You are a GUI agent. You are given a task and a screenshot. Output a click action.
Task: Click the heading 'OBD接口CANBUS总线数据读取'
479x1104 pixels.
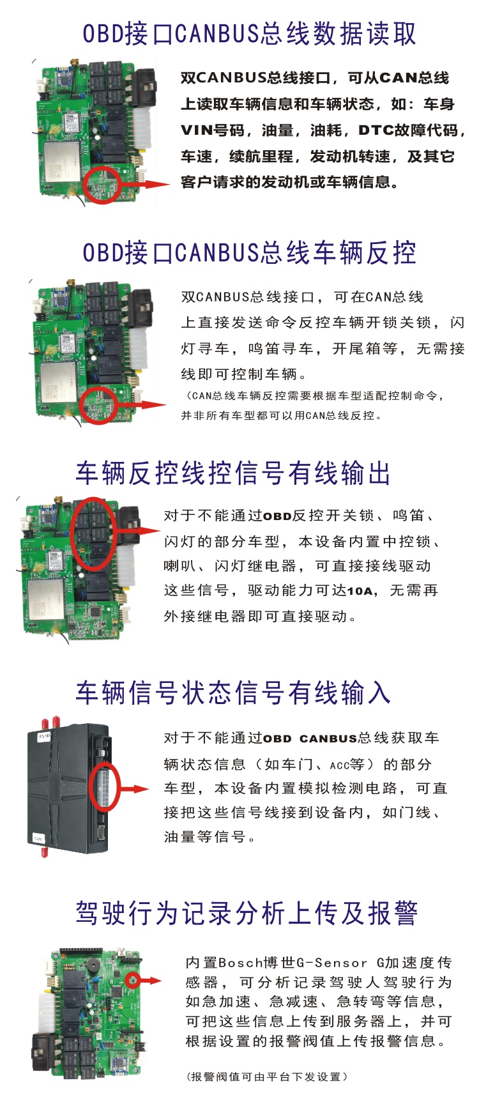pos(250,34)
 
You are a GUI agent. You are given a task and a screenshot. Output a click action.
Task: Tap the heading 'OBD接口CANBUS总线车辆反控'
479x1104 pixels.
pos(250,253)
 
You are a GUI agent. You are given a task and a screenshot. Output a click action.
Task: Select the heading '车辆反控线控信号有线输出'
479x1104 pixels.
pos(233,473)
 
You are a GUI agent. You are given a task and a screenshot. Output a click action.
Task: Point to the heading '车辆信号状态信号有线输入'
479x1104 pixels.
pos(233,693)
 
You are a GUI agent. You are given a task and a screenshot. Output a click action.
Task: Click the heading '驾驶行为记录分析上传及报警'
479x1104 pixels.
pos(247,913)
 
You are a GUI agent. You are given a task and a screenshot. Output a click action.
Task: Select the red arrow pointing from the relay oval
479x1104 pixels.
pos(138,530)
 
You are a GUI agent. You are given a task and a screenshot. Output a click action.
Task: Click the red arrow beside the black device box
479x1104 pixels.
pos(133,790)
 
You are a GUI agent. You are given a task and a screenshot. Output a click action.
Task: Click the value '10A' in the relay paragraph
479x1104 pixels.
pos(360,591)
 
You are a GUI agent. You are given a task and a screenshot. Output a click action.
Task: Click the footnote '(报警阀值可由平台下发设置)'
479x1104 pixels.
pos(267,1077)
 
